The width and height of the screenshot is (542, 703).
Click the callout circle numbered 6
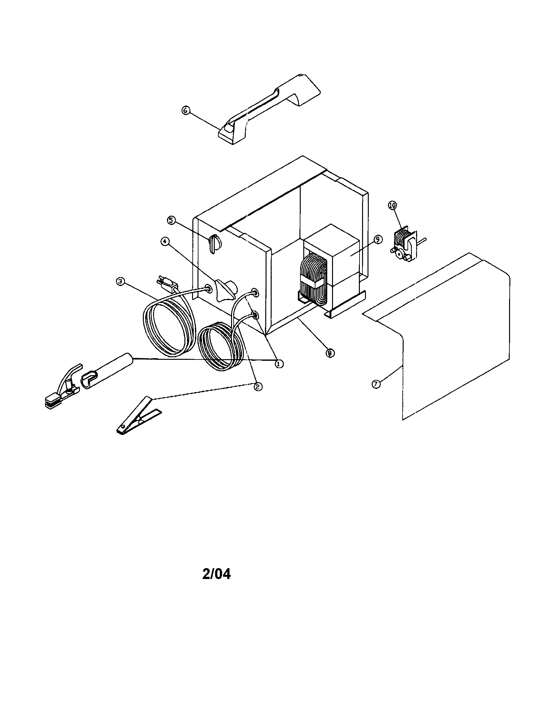[x=185, y=111]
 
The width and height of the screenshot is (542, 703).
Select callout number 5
[x=171, y=220]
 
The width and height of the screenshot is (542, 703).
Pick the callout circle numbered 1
[x=278, y=364]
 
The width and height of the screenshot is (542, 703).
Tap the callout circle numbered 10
[x=393, y=205]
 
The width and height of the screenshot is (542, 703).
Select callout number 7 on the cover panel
[x=376, y=384]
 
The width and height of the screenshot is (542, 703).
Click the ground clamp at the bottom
[x=138, y=416]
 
